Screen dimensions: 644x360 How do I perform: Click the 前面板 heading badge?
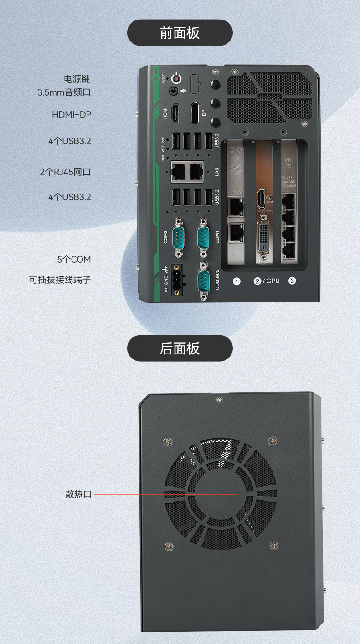pos(180,33)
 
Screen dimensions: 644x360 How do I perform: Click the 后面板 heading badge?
pos(180,348)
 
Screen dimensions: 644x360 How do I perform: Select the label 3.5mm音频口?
pos(64,92)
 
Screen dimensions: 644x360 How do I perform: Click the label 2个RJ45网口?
pos(65,172)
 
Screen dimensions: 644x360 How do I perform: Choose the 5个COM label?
pos(74,259)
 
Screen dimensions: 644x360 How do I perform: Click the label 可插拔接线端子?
pos(60,280)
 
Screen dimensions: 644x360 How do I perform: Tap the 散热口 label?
pos(78,494)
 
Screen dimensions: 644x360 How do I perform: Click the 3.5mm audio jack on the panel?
pos(174,91)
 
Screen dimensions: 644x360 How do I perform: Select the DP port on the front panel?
pos(195,113)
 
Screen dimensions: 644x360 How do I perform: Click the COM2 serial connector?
pos(178,237)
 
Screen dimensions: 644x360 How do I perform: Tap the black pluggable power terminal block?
pos(177,279)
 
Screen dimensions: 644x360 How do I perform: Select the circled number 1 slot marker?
pos(237,281)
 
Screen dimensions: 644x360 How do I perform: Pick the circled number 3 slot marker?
pos(292,281)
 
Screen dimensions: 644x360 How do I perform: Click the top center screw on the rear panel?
pos(220,399)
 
